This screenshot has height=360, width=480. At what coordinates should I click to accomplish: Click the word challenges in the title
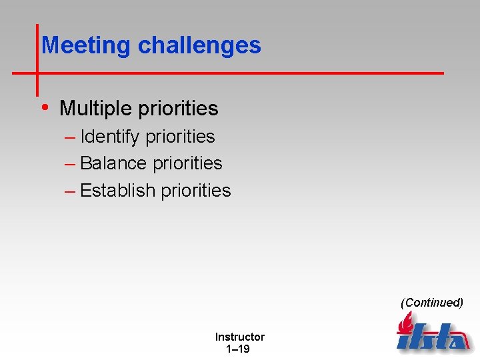tap(199, 45)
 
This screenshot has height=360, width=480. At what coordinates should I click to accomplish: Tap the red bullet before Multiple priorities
tap(44, 107)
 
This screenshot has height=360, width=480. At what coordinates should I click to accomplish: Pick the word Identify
tap(110, 137)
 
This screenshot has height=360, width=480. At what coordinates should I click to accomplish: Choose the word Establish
tap(117, 191)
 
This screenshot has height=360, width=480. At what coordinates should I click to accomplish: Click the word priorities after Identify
tap(180, 137)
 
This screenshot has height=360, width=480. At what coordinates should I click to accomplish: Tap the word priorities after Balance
tap(187, 163)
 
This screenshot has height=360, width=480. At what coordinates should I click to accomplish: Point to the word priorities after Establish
tap(196, 191)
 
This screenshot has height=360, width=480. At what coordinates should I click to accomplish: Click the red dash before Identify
tap(70, 137)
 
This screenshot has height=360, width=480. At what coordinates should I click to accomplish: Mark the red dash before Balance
tap(70, 164)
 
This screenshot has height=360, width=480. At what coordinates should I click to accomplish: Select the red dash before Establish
tap(70, 191)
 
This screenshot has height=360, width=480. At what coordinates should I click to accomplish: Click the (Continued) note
tap(431, 303)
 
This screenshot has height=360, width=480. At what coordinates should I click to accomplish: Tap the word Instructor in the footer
tap(239, 337)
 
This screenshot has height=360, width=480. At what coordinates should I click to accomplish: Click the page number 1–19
tap(238, 349)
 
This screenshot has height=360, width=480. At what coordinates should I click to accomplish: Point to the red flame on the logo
tap(405, 325)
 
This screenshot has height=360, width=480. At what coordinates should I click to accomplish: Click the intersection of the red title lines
tap(37, 73)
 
